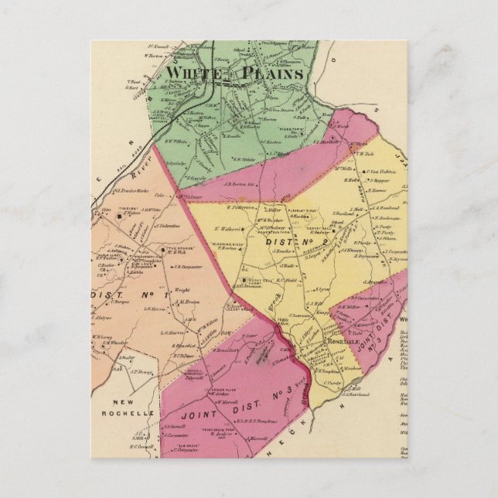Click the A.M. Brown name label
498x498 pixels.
point(188,302)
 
